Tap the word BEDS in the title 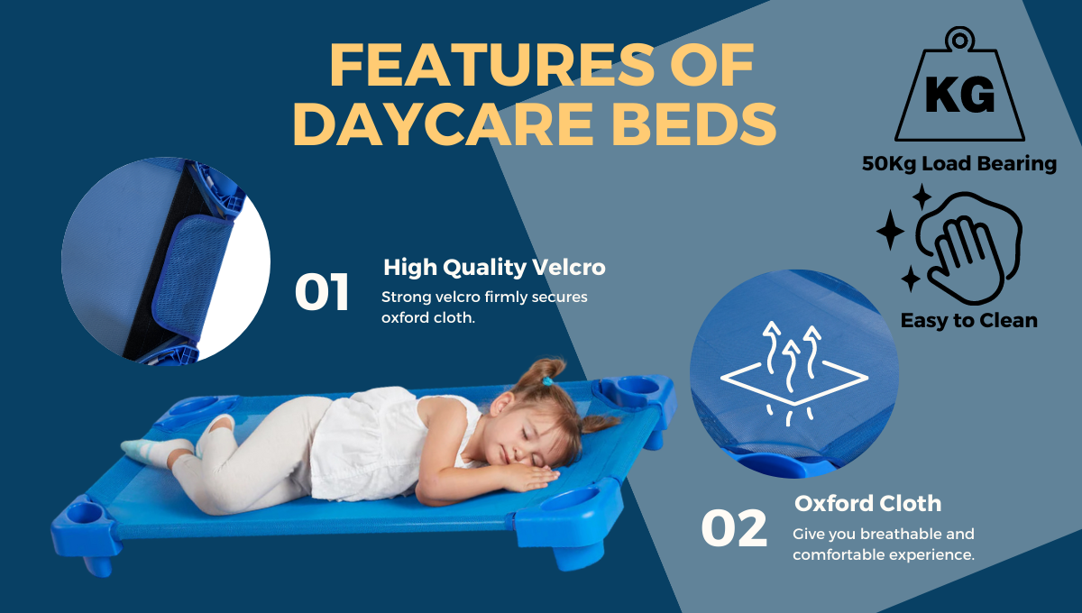(x=694, y=124)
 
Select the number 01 (x=322, y=292)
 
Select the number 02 (x=734, y=528)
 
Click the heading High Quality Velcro (x=494, y=267)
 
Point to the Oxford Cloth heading (x=868, y=503)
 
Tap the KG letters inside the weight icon (x=959, y=95)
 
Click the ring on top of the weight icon (x=959, y=39)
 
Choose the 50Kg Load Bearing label (x=959, y=163)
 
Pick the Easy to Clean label (x=969, y=320)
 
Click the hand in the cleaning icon (x=964, y=259)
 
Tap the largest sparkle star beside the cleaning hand (x=890, y=230)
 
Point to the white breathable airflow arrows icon (x=794, y=373)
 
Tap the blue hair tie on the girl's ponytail (x=548, y=381)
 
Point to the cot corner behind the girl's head (x=635, y=394)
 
